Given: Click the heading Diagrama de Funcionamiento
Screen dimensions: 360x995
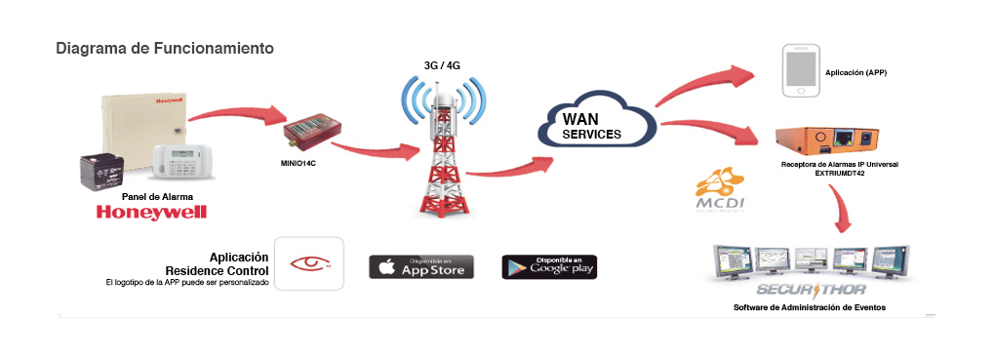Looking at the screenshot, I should pos(165,48).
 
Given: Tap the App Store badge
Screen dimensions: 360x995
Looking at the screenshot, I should pos(421,266).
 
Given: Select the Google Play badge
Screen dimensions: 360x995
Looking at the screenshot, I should pos(548,266).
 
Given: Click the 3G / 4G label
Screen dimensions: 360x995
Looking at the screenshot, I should pos(443,65).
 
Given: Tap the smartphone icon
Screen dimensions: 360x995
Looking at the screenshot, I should pos(799,72).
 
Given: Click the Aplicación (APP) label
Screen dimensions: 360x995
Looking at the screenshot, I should pos(856,73).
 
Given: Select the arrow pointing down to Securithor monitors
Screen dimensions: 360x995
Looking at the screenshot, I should pos(839,204).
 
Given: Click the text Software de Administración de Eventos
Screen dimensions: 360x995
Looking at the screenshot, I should pos(816,308).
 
